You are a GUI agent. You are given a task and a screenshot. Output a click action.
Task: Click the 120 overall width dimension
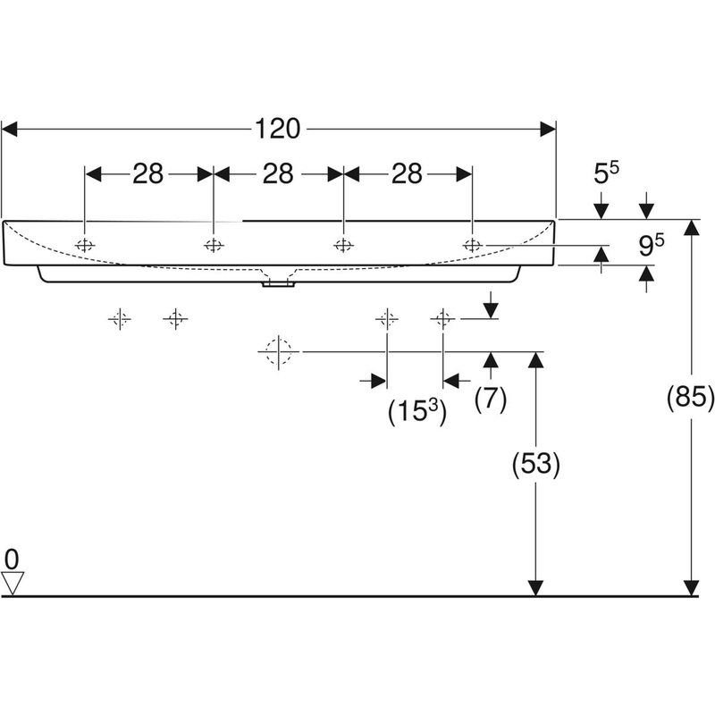(277, 130)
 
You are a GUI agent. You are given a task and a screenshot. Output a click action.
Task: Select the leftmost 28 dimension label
(148, 173)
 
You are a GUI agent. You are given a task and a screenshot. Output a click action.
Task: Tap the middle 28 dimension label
(278, 173)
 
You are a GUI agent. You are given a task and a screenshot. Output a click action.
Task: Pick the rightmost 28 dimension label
(407, 173)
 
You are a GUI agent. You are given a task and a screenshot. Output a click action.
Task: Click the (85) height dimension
(691, 397)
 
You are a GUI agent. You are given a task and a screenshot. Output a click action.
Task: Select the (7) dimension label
(490, 400)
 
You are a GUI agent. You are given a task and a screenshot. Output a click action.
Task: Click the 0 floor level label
(11, 559)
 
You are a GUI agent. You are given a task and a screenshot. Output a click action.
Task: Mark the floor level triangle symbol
(12, 584)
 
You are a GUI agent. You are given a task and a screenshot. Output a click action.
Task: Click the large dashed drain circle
(279, 352)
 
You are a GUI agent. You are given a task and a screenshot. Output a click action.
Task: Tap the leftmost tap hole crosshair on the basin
(84, 245)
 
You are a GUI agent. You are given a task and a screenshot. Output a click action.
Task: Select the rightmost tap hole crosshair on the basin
(472, 245)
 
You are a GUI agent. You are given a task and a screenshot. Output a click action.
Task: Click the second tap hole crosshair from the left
(214, 245)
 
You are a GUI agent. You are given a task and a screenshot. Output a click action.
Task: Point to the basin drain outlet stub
(277, 283)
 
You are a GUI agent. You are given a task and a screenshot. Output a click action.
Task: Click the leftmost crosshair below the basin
(120, 318)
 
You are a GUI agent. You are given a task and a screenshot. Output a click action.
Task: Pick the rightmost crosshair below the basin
(442, 318)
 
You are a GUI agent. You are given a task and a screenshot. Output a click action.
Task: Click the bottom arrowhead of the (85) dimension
(691, 586)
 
